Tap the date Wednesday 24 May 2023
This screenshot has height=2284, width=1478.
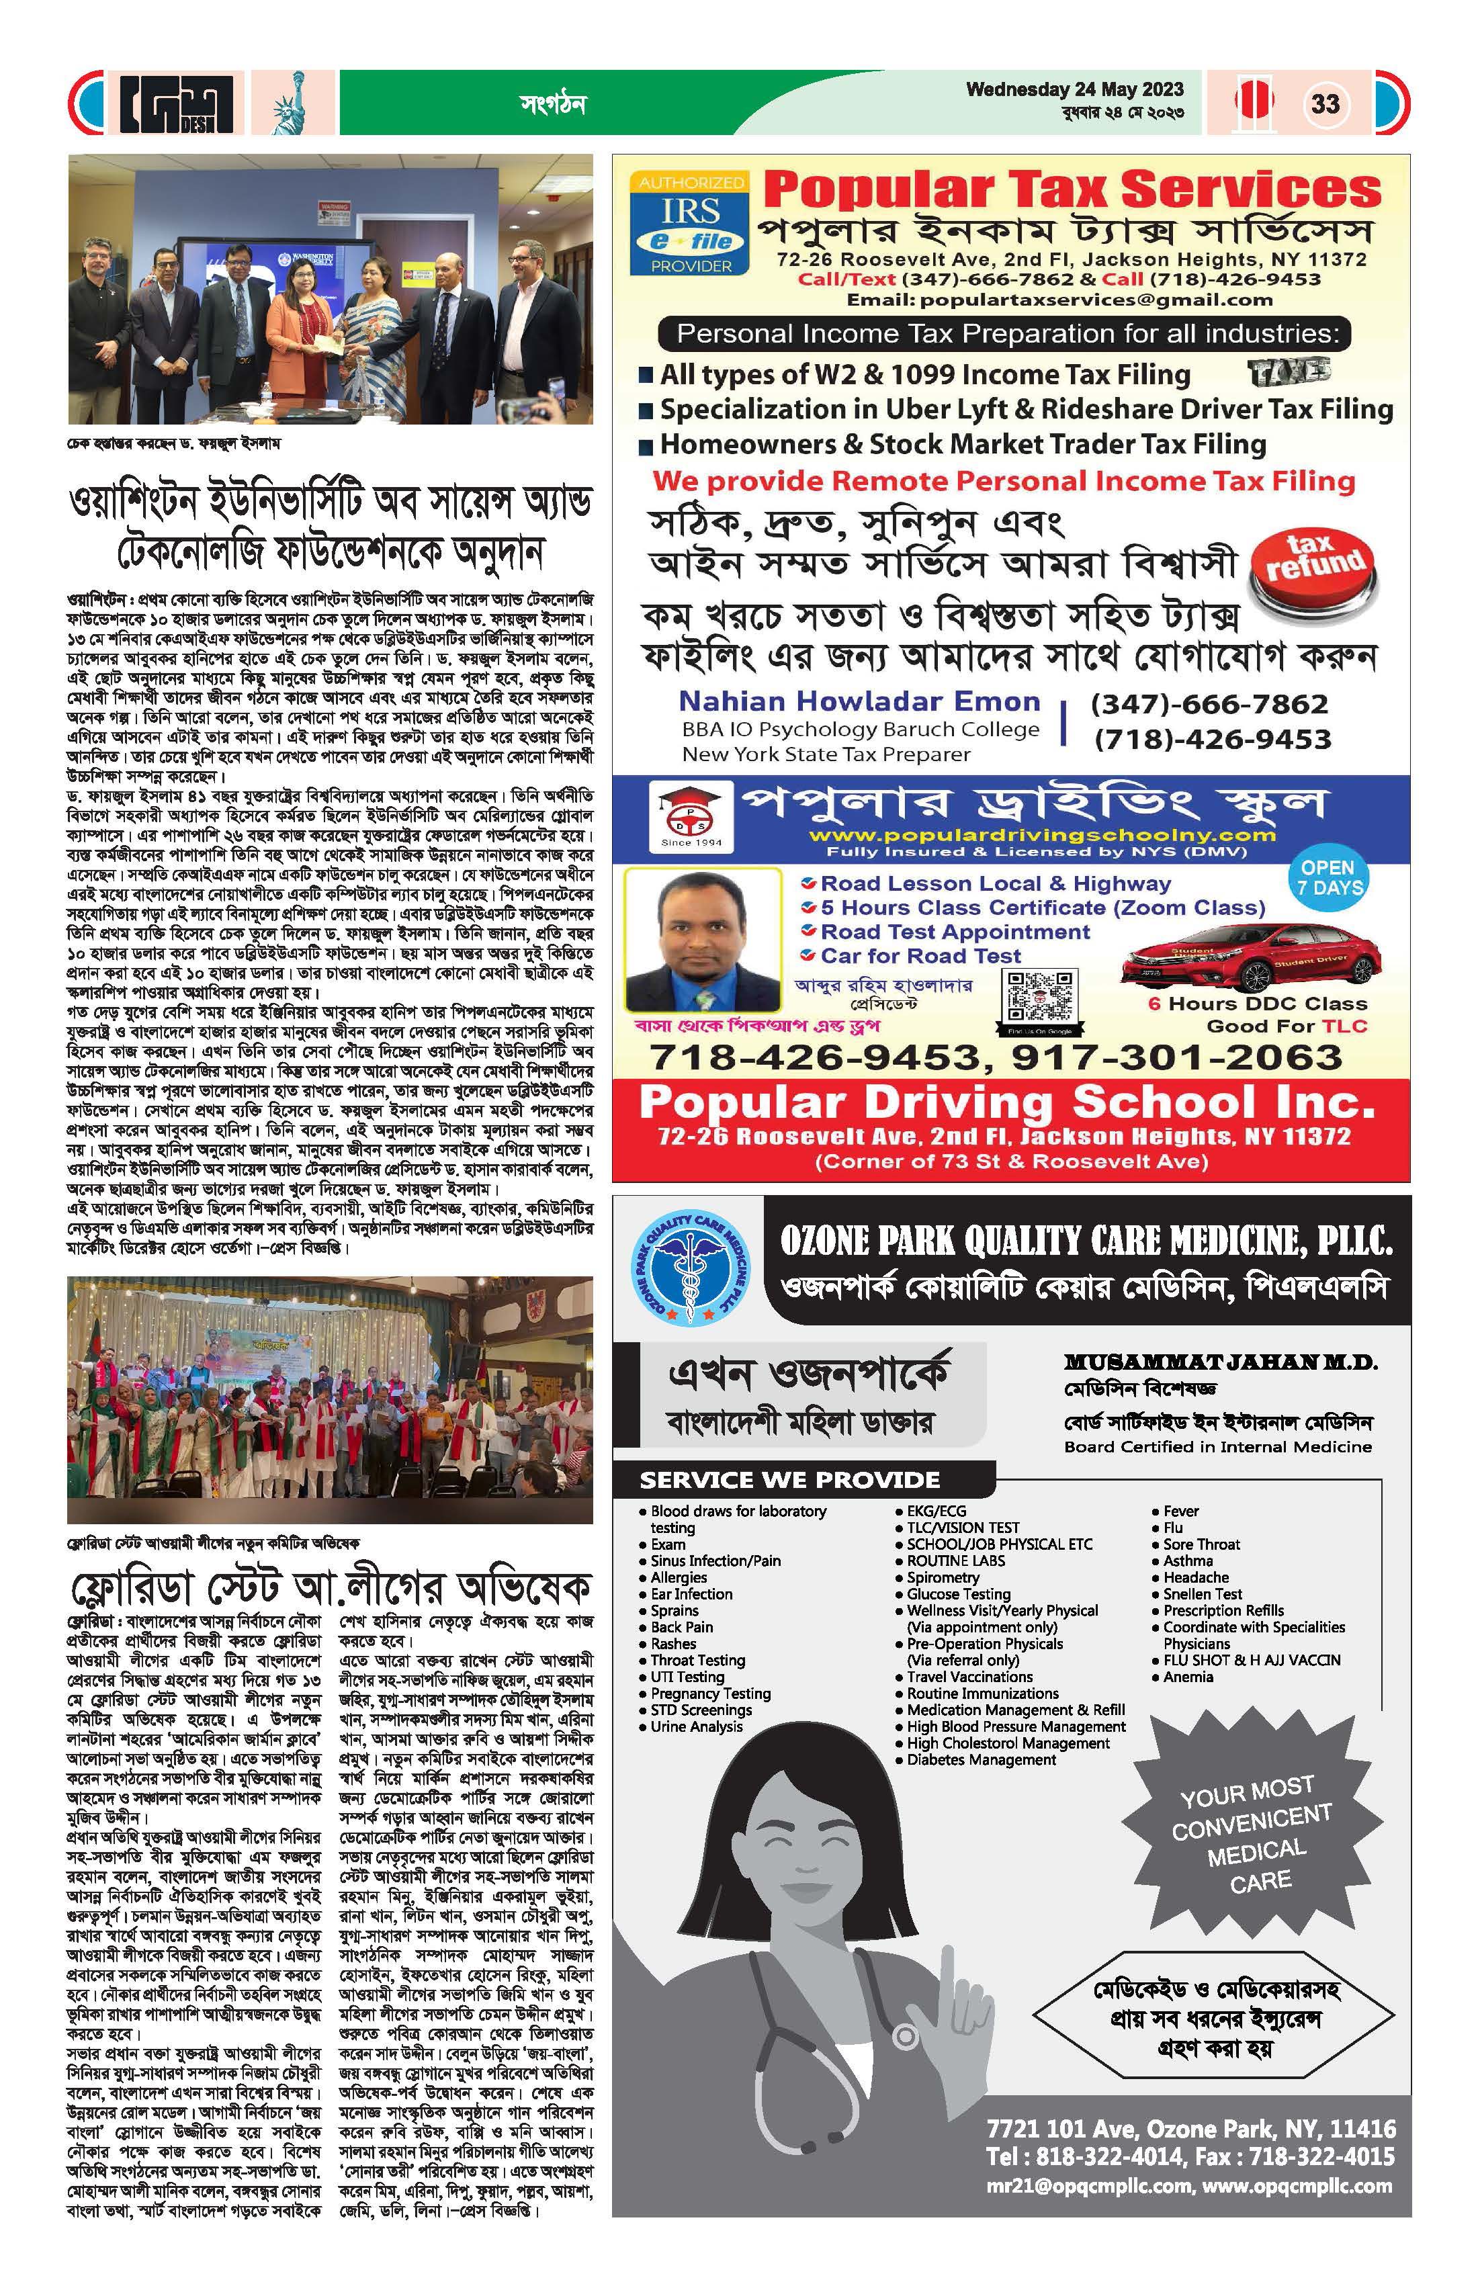1075,89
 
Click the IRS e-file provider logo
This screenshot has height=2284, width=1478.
690,224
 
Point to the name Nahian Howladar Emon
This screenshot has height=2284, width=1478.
859,701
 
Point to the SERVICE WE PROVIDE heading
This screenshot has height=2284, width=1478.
790,1480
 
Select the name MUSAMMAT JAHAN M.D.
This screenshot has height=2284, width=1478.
1221,1362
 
